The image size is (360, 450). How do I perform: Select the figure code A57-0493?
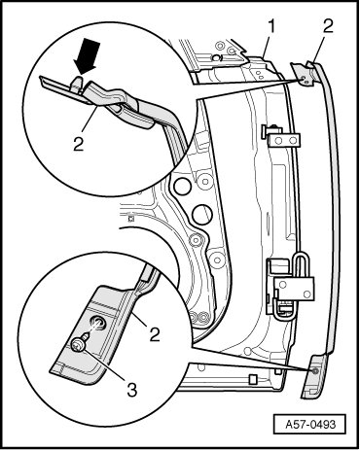pyautogui.click(x=309, y=424)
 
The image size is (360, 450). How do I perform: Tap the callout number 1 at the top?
pyautogui.click(x=271, y=27)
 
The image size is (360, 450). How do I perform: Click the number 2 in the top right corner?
pyautogui.click(x=328, y=26)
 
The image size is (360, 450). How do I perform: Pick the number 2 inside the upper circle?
pyautogui.click(x=78, y=144)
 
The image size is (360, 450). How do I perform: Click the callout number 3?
pyautogui.click(x=131, y=389)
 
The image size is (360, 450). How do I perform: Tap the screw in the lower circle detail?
pyautogui.click(x=79, y=344)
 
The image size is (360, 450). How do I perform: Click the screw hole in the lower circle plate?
pyautogui.click(x=98, y=323)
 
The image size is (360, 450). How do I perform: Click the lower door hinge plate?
pyautogui.click(x=294, y=289)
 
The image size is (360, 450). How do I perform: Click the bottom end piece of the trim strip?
pyautogui.click(x=312, y=376)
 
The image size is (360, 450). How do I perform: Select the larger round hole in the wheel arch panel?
pyautogui.click(x=201, y=214)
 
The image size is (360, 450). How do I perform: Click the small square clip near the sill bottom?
pyautogui.click(x=253, y=379)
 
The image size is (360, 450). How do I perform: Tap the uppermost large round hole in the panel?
pyautogui.click(x=182, y=186)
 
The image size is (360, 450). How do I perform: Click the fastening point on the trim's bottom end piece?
pyautogui.click(x=314, y=371)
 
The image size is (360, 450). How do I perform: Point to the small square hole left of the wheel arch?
pyautogui.click(x=131, y=219)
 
